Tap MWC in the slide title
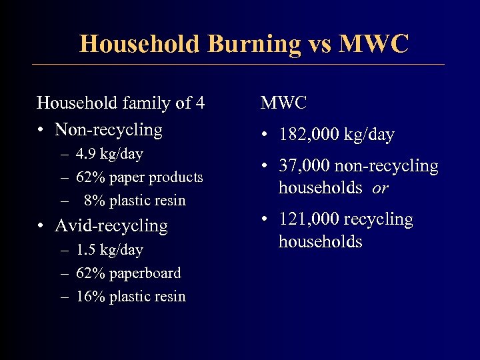pyautogui.click(x=374, y=44)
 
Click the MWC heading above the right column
pyautogui.click(x=284, y=103)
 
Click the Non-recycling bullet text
pyautogui.click(x=109, y=129)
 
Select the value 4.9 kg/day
pyautogui.click(x=109, y=154)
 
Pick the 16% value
pyautogui.click(x=90, y=296)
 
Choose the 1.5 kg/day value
pyautogui.click(x=109, y=250)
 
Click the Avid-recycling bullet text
pyautogui.click(x=111, y=225)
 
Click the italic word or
pyautogui.click(x=380, y=189)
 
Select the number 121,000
pyautogui.click(x=309, y=219)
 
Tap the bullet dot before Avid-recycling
pyautogui.click(x=41, y=226)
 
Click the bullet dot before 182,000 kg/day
pyautogui.click(x=265, y=135)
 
